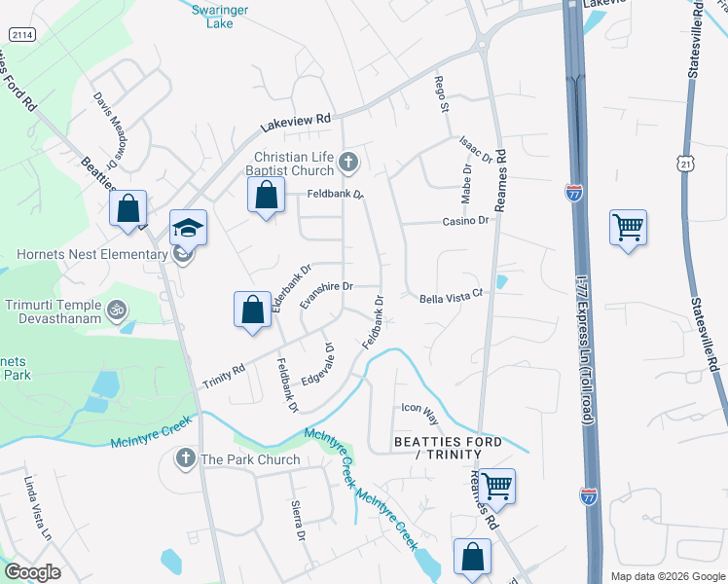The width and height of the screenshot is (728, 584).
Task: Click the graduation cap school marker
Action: (188, 229)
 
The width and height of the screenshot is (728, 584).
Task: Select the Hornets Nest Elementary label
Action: (92, 255)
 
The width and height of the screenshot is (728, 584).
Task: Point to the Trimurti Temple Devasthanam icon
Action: (117, 310)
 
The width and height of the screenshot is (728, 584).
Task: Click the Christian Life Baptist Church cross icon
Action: (348, 163)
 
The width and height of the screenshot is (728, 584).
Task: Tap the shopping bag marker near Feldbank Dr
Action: (267, 195)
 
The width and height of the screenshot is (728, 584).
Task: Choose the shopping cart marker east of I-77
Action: (628, 227)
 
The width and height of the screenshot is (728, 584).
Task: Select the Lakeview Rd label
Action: (296, 124)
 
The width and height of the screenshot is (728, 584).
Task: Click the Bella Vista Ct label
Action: (452, 298)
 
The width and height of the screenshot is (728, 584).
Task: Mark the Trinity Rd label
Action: (223, 377)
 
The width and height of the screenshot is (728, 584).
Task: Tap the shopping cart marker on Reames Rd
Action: (496, 485)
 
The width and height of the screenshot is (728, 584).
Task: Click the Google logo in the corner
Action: (32, 572)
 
